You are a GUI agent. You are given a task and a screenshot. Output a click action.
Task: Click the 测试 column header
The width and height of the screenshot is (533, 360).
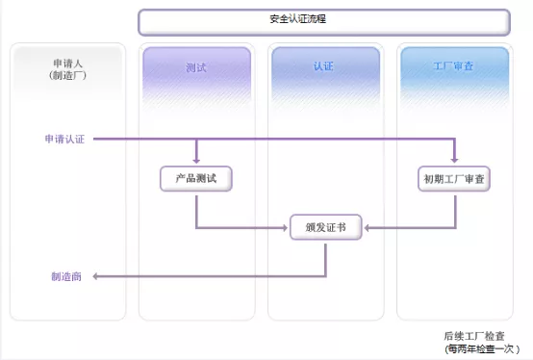point(196,68)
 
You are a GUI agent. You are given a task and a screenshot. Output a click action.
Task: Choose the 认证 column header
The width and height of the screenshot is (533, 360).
point(324,68)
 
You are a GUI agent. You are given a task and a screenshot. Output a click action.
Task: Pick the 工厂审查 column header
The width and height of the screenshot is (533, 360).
point(452,68)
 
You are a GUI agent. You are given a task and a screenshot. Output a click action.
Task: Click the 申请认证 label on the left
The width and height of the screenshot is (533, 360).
point(64,141)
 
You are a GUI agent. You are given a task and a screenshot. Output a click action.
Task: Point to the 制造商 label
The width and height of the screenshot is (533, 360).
point(66,276)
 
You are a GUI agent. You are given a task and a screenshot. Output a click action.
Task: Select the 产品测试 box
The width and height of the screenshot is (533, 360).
point(196,179)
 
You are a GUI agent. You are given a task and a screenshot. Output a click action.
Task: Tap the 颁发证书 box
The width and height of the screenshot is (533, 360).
point(325,228)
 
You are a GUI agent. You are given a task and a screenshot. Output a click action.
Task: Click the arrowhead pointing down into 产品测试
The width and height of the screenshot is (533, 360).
point(196,159)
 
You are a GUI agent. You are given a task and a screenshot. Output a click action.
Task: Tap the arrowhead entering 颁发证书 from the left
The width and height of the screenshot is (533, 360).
point(285,228)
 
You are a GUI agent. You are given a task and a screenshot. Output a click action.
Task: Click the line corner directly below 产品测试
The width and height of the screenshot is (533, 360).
point(196,228)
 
